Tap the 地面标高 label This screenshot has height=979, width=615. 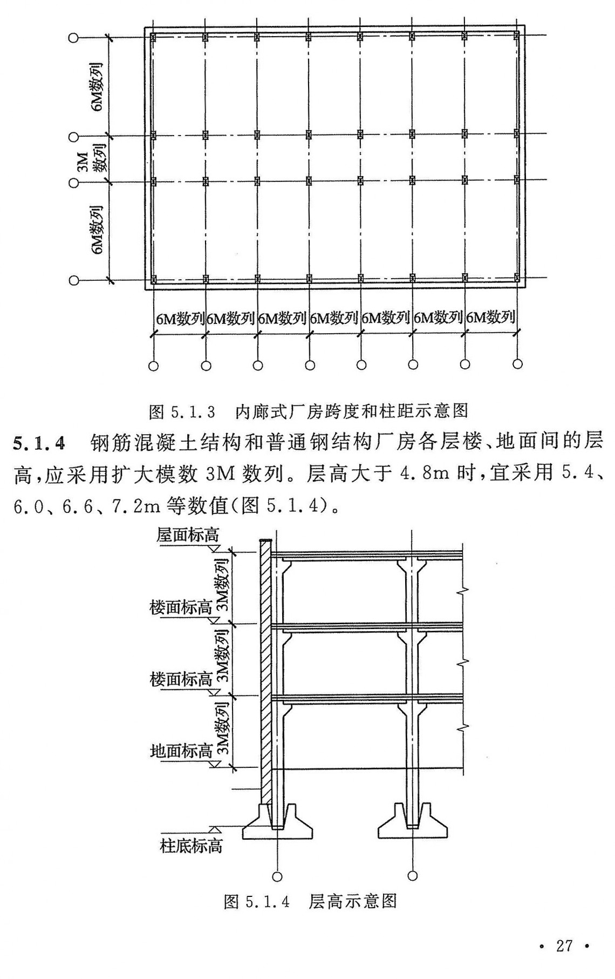pyautogui.click(x=181, y=751)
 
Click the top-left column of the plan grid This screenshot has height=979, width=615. pyautogui.click(x=153, y=38)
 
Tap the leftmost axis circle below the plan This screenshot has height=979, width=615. pyautogui.click(x=153, y=366)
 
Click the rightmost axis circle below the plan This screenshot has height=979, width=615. pyautogui.click(x=517, y=363)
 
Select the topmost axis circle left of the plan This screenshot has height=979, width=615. pyautogui.click(x=74, y=38)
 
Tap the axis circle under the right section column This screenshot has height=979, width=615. pyautogui.click(x=413, y=875)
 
